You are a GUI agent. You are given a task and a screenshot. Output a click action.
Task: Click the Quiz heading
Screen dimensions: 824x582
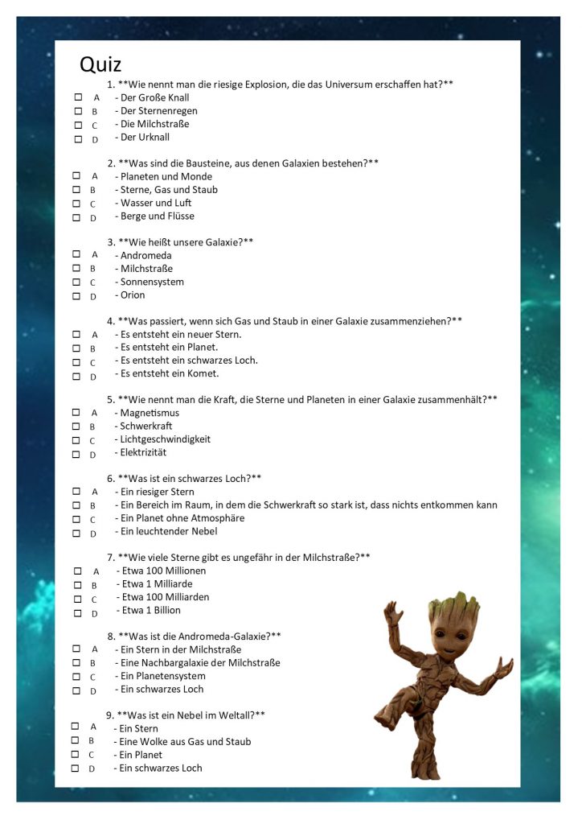coord(100,64)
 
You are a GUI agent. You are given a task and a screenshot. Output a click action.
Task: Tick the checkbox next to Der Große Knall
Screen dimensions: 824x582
coord(78,97)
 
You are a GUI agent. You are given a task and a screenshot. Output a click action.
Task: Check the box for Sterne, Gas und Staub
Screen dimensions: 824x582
coord(76,190)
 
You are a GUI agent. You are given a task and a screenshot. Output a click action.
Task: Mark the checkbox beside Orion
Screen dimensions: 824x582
coord(76,296)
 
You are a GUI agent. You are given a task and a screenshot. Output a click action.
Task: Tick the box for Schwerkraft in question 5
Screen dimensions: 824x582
coord(76,426)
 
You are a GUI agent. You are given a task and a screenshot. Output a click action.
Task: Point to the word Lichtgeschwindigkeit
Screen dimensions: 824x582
coord(165,439)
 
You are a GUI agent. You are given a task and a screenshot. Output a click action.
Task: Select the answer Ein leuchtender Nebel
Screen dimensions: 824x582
coord(168,531)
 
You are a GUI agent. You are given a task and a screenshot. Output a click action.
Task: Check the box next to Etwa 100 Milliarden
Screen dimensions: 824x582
coord(78,599)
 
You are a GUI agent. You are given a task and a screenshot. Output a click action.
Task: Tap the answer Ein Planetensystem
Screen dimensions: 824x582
coord(162,676)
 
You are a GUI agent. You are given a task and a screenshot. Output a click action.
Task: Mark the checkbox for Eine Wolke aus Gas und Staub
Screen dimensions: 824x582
coord(75,740)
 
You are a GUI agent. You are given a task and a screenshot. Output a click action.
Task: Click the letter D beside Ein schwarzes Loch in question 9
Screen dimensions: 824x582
coord(92,769)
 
